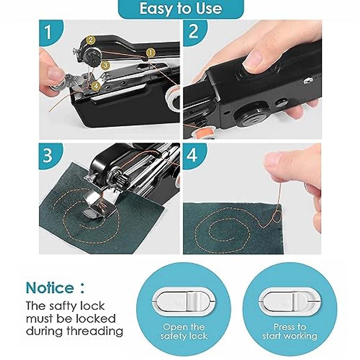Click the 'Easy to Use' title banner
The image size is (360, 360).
point(181,8)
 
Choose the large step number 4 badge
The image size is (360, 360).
point(192,155)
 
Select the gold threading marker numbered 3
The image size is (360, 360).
point(104,65)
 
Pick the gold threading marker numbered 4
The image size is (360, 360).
point(96,86)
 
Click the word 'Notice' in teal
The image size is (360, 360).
point(50,288)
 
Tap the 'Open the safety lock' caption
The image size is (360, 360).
point(184,331)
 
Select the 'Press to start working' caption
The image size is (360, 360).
point(289,331)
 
